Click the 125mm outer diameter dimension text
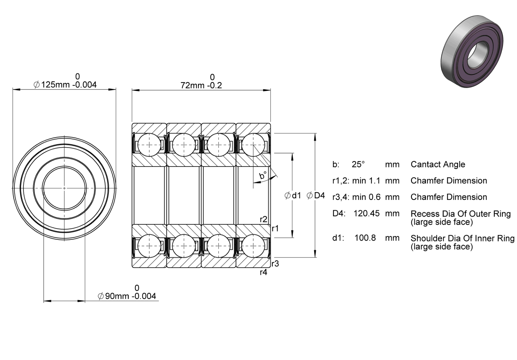click(x=65, y=85)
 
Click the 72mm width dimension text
click(x=201, y=85)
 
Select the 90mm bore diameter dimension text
click(x=127, y=296)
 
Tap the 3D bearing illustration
click(x=472, y=51)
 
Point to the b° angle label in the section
click(x=263, y=175)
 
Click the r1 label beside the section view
click(x=275, y=229)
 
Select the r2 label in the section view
click(x=264, y=219)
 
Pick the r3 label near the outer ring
click(x=275, y=264)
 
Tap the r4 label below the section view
click(x=264, y=272)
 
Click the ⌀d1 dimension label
click(x=293, y=195)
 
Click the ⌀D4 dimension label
click(x=316, y=195)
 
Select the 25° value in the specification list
click(x=358, y=164)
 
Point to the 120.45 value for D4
click(x=366, y=214)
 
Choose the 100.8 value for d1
click(x=365, y=238)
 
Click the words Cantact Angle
click(x=438, y=165)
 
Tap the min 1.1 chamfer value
click(x=366, y=181)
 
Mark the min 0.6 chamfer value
click(x=366, y=197)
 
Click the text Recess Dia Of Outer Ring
click(x=461, y=214)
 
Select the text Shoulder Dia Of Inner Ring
click(x=463, y=238)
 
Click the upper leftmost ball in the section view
click(x=149, y=145)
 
